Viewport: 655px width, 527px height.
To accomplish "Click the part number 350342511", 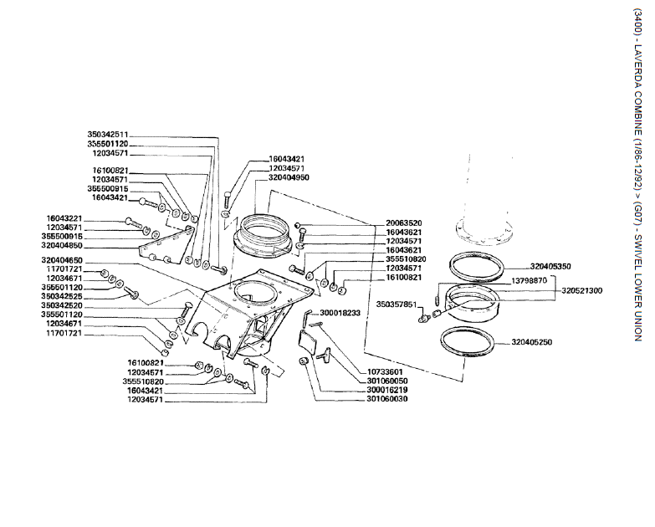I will point(108,134).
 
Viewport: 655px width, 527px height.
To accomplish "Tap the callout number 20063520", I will point(403,223).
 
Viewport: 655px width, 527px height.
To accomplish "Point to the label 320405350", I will point(550,266).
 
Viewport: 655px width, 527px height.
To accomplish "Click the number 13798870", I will point(526,280).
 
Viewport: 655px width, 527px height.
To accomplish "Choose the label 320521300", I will point(581,290).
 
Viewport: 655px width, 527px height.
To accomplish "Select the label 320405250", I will point(550,342).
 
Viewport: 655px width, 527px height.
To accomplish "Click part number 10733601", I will point(386,371).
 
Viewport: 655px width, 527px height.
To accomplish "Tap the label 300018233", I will point(340,312).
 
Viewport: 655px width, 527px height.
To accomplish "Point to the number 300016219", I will point(386,389).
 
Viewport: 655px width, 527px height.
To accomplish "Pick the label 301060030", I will point(386,399).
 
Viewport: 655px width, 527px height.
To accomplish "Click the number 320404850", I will point(66,246).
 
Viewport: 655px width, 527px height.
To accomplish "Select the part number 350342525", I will point(66,296).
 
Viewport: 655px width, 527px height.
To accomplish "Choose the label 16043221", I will point(66,218).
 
